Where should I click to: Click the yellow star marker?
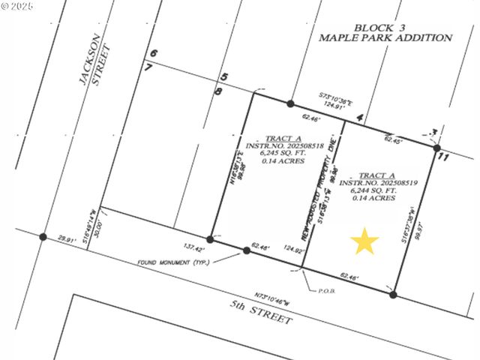365,241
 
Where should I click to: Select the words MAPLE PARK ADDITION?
385,37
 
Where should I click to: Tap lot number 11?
442,157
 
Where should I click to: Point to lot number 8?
218,91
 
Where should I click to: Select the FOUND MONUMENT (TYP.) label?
173,262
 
